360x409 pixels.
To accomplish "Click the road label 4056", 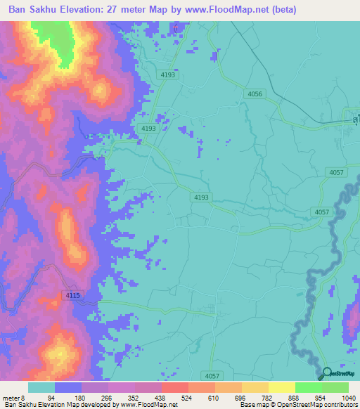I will coord(255,93).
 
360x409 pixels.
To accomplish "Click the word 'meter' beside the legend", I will coord(11,397).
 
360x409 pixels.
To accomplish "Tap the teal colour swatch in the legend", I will coord(41,387).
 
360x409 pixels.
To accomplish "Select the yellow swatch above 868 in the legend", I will coord(282,387).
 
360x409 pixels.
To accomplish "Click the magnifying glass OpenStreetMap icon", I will coord(327,375).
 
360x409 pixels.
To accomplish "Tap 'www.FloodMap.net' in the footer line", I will coord(148,405).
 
